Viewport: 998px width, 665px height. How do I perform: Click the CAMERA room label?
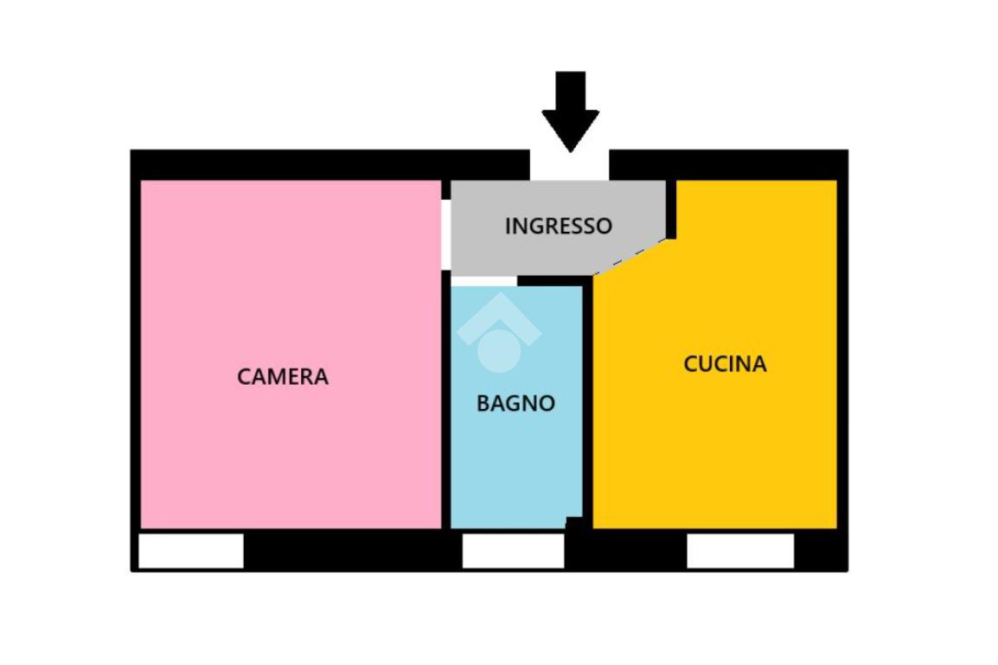(x=283, y=377)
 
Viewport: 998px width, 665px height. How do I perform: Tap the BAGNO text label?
(x=515, y=403)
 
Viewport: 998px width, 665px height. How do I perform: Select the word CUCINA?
(x=725, y=364)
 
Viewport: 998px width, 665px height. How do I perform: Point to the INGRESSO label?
(x=558, y=226)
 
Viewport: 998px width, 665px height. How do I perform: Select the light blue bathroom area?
(x=515, y=467)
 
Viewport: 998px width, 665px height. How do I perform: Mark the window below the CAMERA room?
(x=191, y=552)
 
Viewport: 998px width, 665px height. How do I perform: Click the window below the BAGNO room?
(x=513, y=552)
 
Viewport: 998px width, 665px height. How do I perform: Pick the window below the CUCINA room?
(x=740, y=552)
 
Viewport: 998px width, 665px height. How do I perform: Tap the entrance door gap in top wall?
(x=569, y=165)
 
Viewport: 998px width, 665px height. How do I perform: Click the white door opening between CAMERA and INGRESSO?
(x=446, y=234)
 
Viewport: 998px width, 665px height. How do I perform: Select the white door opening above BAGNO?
(x=483, y=281)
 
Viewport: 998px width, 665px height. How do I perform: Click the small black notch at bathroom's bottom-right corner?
(x=573, y=522)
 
